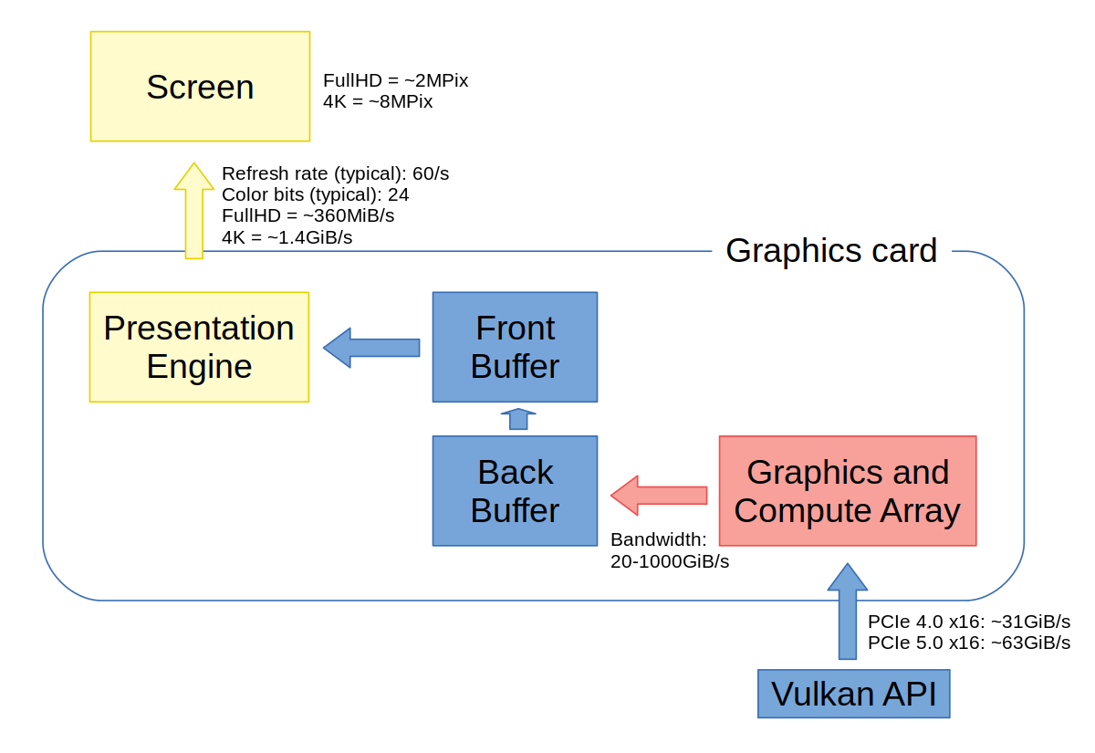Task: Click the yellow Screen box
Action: (200, 87)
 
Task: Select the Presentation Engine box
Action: (199, 347)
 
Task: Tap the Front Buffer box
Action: (515, 347)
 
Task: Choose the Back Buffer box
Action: (515, 491)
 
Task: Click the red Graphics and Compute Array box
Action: (848, 491)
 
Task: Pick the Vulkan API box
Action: (854, 694)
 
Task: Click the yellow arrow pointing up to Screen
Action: (193, 212)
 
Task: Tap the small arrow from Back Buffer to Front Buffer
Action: (518, 419)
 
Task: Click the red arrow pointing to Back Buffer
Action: (658, 495)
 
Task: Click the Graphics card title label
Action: (831, 250)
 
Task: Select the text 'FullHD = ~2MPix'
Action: (395, 80)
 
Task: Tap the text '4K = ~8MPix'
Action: (378, 101)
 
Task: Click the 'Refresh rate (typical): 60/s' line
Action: (335, 173)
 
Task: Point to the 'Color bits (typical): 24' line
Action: (315, 194)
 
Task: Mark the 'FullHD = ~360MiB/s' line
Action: (308, 216)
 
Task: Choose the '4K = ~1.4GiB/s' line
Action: (287, 237)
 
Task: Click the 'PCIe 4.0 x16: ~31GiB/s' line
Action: (968, 622)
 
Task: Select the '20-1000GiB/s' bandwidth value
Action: (670, 561)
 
